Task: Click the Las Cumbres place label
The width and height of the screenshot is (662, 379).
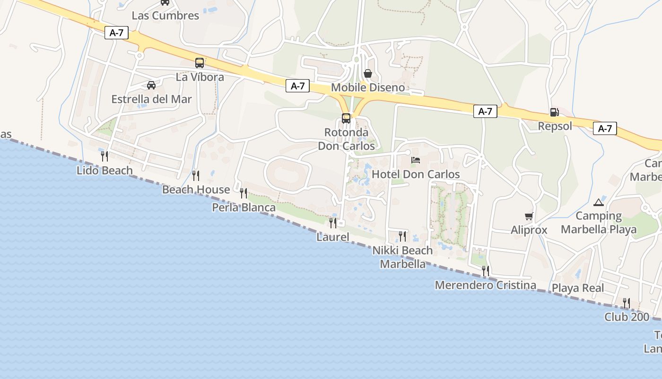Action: click(165, 15)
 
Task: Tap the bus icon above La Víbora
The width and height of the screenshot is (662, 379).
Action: click(200, 63)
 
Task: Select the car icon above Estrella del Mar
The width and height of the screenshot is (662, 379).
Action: click(151, 85)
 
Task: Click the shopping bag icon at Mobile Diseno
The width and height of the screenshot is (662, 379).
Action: click(368, 73)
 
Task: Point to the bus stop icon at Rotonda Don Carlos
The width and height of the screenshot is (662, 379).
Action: click(346, 118)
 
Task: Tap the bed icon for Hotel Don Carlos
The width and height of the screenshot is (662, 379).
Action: click(416, 160)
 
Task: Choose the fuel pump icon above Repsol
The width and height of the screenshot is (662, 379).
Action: click(554, 112)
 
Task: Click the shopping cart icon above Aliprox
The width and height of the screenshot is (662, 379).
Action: click(529, 217)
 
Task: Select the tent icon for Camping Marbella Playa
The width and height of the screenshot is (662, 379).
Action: click(599, 202)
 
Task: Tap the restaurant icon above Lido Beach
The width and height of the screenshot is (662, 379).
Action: click(105, 156)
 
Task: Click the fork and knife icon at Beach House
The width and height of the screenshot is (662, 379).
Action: click(196, 175)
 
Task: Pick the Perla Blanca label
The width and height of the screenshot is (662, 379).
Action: click(244, 208)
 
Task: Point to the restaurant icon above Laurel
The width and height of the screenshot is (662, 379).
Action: click(333, 223)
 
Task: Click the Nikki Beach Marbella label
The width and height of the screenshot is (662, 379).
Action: click(402, 257)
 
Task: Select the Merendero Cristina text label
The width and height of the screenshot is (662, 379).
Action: click(485, 285)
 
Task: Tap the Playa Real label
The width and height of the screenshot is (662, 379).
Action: click(578, 288)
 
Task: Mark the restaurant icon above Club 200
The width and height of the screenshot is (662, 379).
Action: click(627, 303)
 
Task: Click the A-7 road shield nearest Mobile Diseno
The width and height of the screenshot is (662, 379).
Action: click(297, 86)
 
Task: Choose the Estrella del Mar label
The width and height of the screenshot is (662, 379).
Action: click(151, 99)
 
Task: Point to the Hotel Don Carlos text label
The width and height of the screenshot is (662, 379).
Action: click(416, 174)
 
